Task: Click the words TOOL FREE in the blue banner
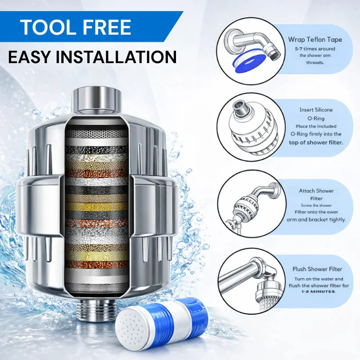(76, 27)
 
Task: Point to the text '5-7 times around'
(315, 48)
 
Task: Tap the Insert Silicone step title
(316, 110)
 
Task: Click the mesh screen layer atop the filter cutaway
(97, 132)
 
